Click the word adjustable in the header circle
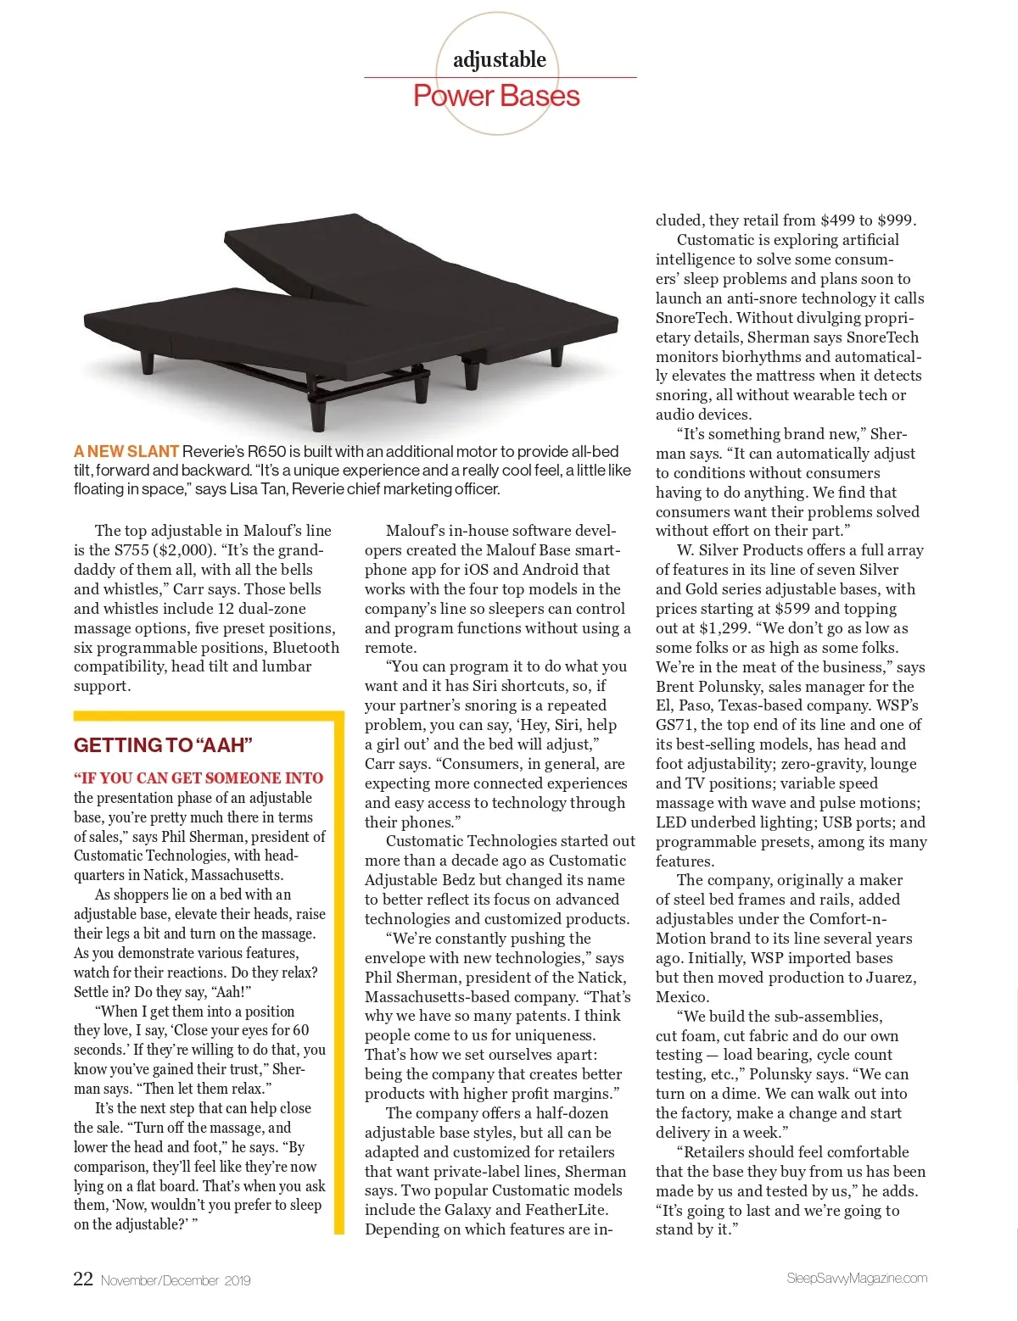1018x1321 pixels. point(499,59)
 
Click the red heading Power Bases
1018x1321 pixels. point(496,96)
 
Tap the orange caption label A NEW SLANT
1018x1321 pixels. point(126,451)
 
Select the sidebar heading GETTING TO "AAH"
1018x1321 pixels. point(163,745)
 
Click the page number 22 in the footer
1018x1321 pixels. point(83,1279)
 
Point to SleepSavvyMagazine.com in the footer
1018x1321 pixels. point(857,1278)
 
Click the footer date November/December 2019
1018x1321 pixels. point(176,1280)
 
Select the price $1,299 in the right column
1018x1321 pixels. point(724,628)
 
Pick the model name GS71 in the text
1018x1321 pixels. point(674,725)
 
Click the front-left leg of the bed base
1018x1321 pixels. point(148,363)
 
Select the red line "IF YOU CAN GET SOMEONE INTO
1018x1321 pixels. point(199,778)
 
